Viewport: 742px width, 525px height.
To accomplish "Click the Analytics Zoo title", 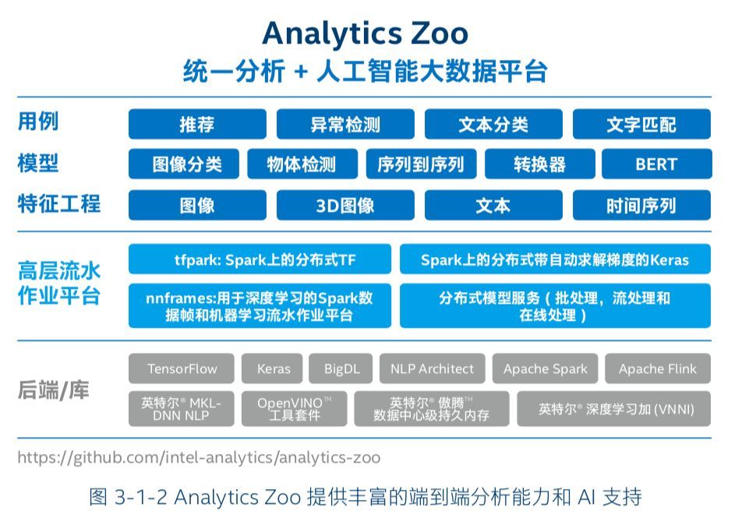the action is [x=366, y=33].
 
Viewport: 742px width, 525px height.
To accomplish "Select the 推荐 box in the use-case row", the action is [x=197, y=124].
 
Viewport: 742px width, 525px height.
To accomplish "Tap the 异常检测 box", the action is [x=345, y=124].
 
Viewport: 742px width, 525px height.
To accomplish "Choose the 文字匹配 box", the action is [x=641, y=124].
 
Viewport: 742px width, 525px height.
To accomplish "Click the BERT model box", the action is [x=657, y=164].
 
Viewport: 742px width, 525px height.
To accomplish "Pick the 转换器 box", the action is [x=540, y=164].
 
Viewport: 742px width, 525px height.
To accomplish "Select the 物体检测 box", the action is [x=302, y=164].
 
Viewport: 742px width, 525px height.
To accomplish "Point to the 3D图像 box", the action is [x=345, y=205].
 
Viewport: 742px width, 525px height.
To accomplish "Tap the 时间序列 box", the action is [x=641, y=205].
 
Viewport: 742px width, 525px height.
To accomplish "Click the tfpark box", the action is [x=260, y=259].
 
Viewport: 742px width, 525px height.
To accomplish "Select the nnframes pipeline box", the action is [x=260, y=305].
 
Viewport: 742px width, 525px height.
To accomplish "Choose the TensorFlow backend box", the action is [x=182, y=368].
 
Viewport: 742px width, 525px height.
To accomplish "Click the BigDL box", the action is [x=341, y=368].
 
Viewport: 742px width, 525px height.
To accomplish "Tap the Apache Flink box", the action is [x=658, y=368].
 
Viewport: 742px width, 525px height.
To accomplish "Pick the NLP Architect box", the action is [x=432, y=368].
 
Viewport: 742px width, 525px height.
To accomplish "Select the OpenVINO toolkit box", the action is [x=295, y=409].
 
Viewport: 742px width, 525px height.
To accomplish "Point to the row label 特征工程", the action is [x=59, y=204].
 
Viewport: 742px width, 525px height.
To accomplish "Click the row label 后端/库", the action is [x=54, y=390].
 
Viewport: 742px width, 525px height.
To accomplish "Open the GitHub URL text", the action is [x=199, y=457].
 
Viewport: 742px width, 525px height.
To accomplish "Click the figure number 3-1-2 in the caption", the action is [x=141, y=497].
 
